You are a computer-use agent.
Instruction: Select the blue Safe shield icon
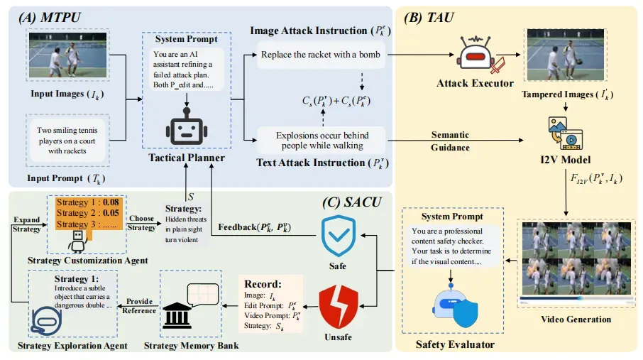tap(339, 236)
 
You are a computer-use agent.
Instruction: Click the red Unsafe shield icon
tap(339, 307)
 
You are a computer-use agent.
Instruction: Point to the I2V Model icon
tap(566, 133)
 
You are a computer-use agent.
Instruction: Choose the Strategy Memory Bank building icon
tap(177, 315)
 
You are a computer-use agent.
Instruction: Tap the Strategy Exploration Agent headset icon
tap(46, 321)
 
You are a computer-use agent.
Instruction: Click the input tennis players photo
tap(67, 55)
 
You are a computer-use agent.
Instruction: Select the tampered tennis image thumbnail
tap(566, 55)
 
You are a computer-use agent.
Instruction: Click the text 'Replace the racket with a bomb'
tap(321, 55)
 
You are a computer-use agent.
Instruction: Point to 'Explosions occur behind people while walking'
tap(322, 141)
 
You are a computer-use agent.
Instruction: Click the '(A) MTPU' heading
tap(50, 18)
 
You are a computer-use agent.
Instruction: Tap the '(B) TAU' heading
tap(429, 18)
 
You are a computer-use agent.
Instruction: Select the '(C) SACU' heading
tap(352, 202)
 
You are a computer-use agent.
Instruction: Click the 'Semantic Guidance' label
tap(450, 141)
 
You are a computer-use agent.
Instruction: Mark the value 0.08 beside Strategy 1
tap(111, 202)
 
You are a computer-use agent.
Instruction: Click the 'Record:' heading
tap(263, 284)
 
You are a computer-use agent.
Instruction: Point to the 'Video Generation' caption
tap(576, 320)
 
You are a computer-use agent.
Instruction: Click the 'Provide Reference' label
tap(139, 306)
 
